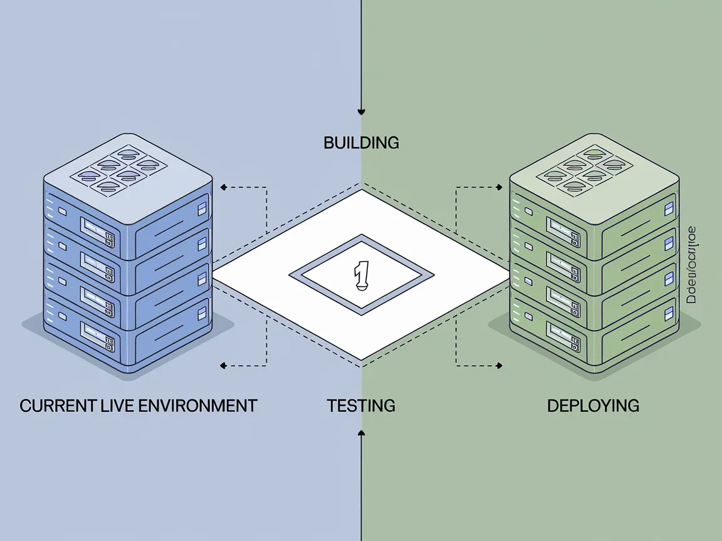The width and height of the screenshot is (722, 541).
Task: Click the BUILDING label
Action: point(361,143)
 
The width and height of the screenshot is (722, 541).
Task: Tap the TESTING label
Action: point(361,406)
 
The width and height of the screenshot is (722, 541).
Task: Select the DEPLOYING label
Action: point(593,406)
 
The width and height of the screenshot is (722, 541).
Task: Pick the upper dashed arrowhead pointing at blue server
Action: point(223,187)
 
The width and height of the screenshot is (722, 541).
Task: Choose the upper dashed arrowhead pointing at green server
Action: point(499,187)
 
